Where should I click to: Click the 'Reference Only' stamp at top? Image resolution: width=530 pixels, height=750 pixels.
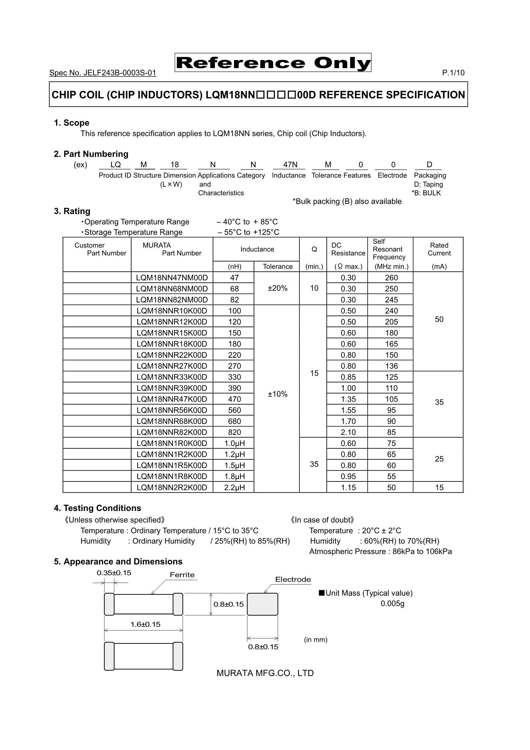(273, 63)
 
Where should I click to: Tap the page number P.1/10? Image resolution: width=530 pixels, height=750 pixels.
(453, 73)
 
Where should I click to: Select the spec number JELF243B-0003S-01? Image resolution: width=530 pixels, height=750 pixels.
(103, 73)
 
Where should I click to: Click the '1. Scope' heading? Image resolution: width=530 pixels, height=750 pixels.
(72, 123)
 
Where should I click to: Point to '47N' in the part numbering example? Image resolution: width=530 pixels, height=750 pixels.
(290, 165)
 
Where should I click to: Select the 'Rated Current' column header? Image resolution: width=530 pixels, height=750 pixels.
(439, 249)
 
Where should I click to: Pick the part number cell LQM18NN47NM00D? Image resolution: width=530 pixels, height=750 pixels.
(172, 278)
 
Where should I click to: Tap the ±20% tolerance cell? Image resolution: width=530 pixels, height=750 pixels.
(277, 288)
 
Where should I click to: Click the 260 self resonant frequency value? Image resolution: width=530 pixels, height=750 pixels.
(391, 278)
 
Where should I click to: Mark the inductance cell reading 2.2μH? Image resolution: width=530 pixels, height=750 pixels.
(234, 487)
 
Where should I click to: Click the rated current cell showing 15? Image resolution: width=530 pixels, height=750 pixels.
(439, 487)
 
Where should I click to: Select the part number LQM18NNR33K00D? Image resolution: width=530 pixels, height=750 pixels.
(172, 377)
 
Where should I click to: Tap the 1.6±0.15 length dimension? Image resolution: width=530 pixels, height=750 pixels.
(145, 625)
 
